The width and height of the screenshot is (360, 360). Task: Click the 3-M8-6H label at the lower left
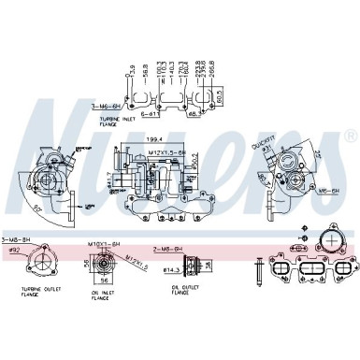(x=16, y=242)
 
